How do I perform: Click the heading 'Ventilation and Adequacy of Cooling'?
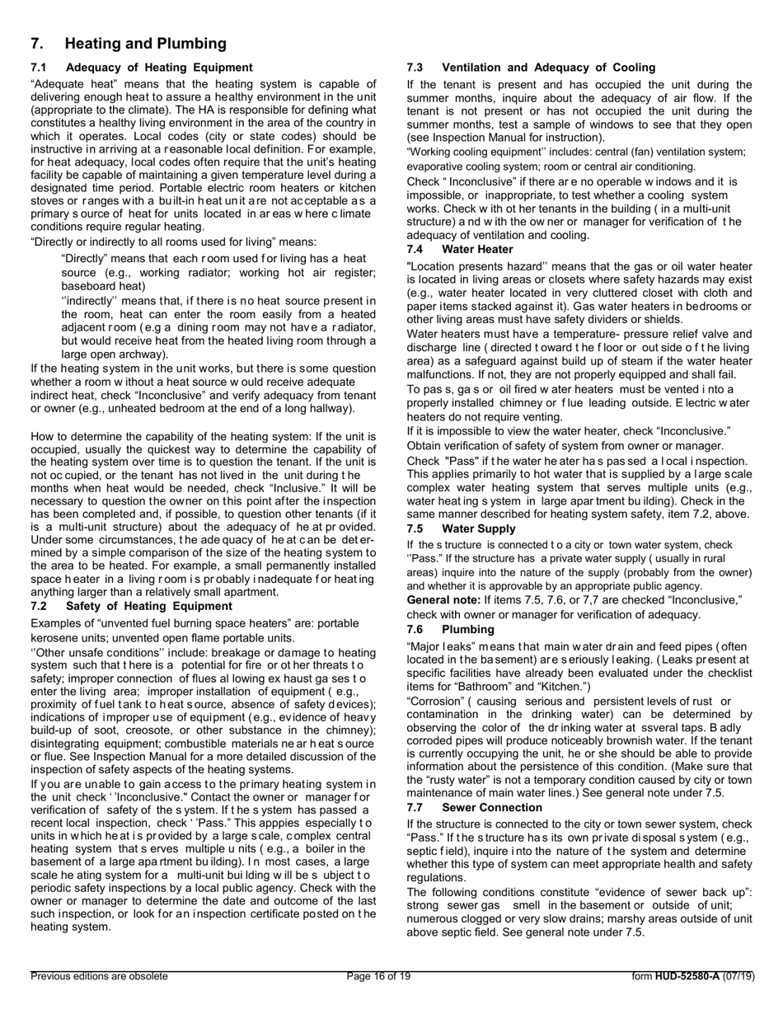point(548,68)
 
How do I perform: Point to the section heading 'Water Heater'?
point(477,249)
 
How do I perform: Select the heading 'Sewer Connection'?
point(492,807)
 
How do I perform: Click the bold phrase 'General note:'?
point(443,599)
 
